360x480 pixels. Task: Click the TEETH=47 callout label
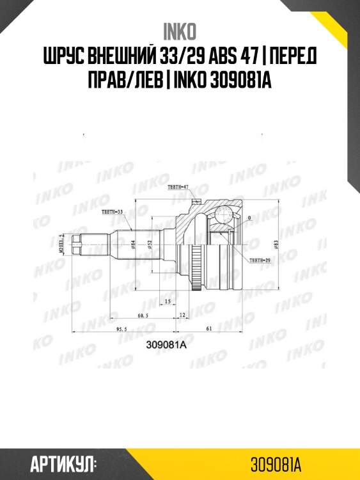point(177,187)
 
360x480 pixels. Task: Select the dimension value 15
point(166,301)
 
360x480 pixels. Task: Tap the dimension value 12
point(182,315)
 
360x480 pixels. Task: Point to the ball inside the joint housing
point(224,214)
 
